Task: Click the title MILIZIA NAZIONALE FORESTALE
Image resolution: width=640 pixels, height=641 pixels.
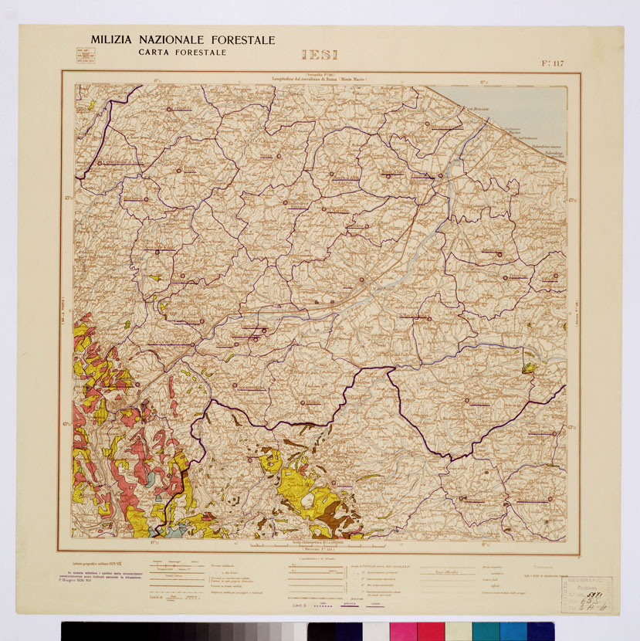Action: tap(181, 40)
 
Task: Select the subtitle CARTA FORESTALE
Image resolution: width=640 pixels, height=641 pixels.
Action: tap(182, 52)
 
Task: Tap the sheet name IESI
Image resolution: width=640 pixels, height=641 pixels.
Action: tap(320, 56)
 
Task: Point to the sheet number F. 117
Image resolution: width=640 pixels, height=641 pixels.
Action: tap(549, 63)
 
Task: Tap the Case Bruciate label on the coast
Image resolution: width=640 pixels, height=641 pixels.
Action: tap(479, 109)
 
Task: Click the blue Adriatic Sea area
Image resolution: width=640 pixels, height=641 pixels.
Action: tap(533, 108)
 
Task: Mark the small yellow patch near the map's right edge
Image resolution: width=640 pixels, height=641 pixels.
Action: tap(530, 366)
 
